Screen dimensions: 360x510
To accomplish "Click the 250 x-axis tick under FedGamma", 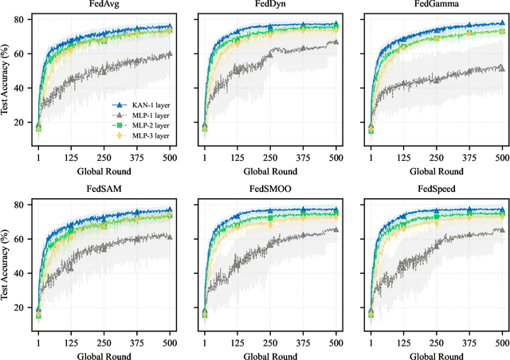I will coord(433,159).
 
